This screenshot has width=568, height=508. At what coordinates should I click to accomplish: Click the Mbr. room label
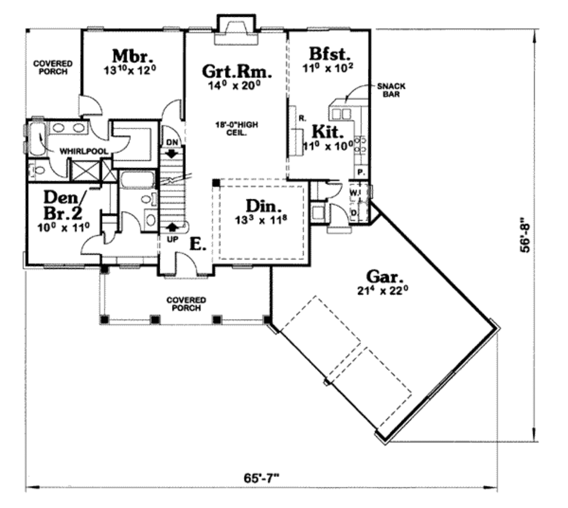tap(133, 57)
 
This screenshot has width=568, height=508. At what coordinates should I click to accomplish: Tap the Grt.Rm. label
tap(237, 72)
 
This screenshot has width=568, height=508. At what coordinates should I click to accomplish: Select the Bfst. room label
tap(330, 54)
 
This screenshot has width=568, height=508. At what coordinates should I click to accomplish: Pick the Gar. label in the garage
tap(384, 276)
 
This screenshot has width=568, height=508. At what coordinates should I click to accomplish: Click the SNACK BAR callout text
tap(391, 90)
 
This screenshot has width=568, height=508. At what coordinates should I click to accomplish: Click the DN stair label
tap(171, 141)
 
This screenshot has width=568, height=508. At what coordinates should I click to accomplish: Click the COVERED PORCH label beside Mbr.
tap(53, 68)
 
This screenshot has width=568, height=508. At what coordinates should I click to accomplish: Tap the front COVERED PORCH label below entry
tap(186, 304)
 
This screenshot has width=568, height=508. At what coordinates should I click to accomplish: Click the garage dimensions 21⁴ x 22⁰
tap(384, 290)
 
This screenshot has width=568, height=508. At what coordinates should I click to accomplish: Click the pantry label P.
tap(360, 173)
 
